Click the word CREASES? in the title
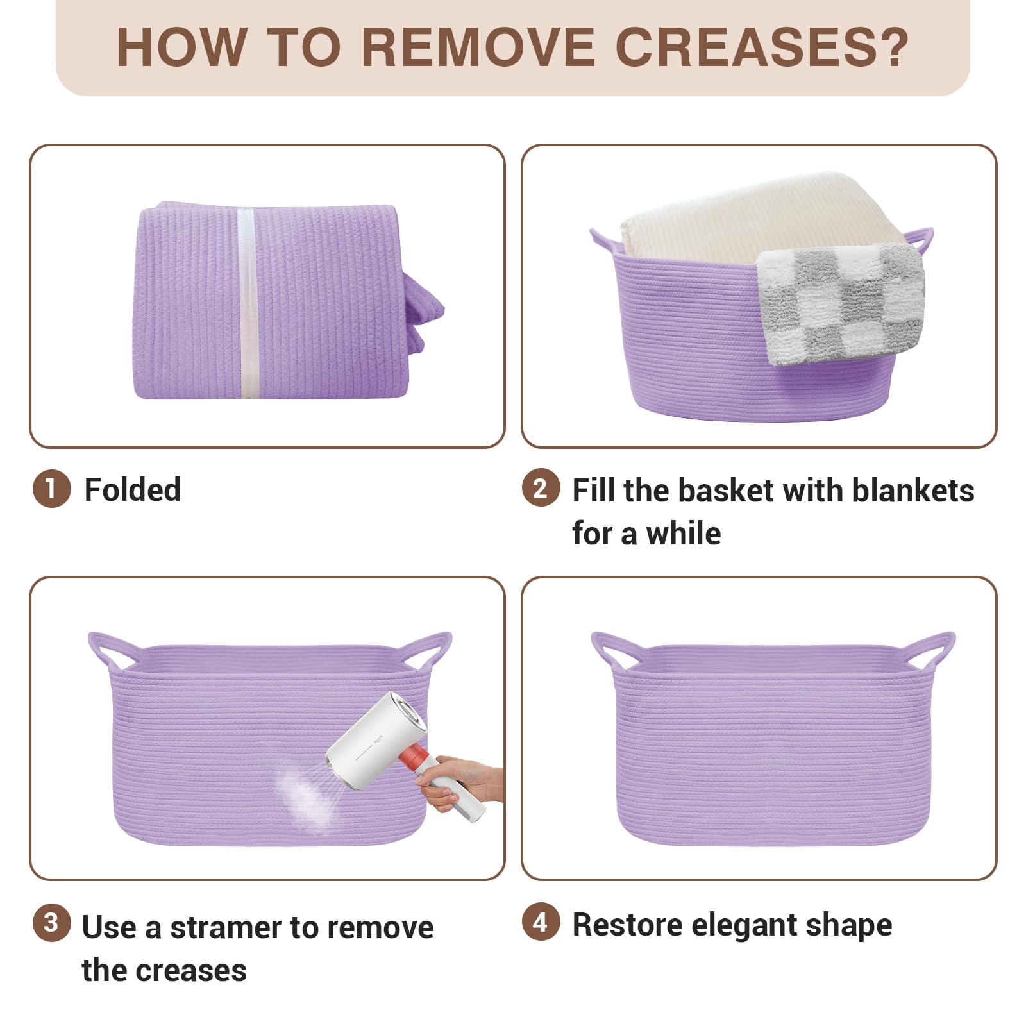[762, 47]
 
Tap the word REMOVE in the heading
[479, 47]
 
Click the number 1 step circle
[51, 489]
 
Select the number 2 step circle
[541, 489]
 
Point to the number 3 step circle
[51, 923]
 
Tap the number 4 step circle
[541, 923]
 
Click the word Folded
[133, 490]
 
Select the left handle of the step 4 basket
[609, 651]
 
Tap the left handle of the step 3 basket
[106, 651]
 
